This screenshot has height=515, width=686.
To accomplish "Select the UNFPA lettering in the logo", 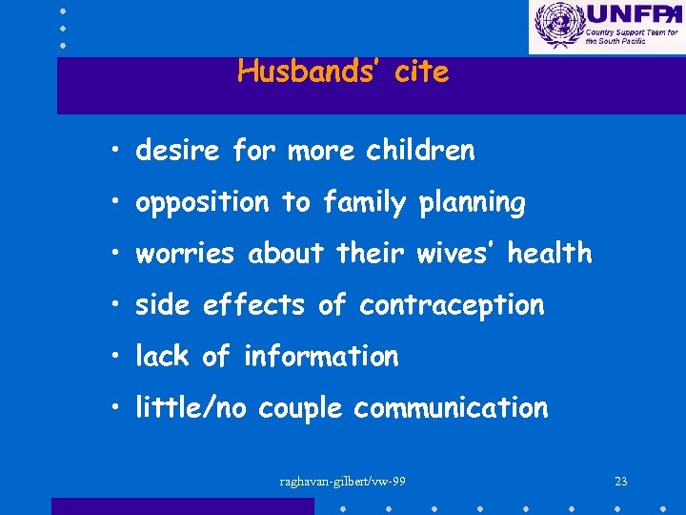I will [x=631, y=15].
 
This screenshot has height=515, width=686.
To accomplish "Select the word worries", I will [x=188, y=254].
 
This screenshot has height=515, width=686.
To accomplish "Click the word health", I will [x=550, y=254].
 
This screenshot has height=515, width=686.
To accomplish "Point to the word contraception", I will [x=452, y=305].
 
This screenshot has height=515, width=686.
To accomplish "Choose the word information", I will [x=321, y=357].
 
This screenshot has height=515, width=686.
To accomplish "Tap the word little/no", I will [x=191, y=408].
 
